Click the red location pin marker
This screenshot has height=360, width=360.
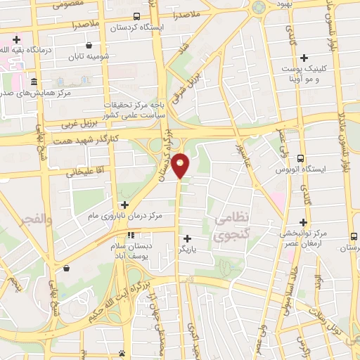coord(181,165)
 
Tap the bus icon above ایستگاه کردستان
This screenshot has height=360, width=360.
coord(136,15)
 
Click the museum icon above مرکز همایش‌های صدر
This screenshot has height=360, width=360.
coord(34,81)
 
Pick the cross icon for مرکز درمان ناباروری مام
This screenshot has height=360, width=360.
coord(124,205)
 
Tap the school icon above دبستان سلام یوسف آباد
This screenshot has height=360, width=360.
coord(130,235)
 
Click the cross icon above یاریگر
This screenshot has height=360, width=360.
coord(187,238)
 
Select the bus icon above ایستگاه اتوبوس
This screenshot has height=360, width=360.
coord(300,159)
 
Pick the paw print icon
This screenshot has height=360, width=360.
coord(123,354)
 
